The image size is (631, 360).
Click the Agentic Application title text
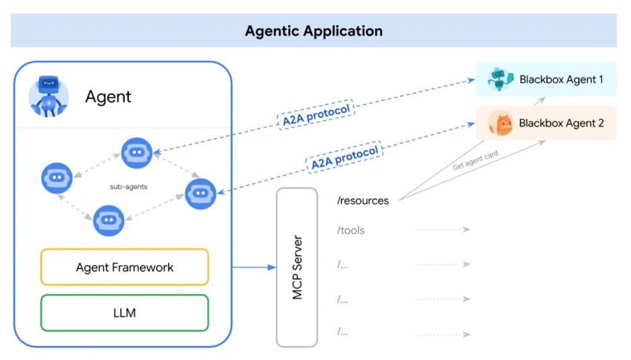313,31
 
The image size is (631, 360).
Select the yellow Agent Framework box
125,267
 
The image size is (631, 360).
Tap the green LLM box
125,313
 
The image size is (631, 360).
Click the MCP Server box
297,267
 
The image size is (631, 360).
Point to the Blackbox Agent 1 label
562,80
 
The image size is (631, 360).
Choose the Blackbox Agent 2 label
562,123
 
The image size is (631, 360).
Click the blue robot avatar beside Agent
49,96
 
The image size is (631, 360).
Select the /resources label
363,200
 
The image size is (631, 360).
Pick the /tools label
351,230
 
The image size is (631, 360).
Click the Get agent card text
475,161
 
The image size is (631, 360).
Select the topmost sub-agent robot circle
137,153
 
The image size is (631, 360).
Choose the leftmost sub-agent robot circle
57,179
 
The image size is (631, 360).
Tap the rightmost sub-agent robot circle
200,193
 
